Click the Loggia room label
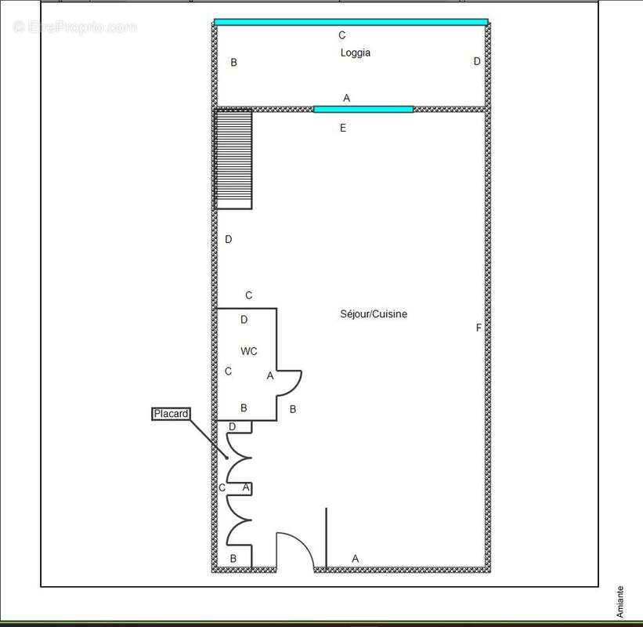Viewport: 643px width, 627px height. point(355,53)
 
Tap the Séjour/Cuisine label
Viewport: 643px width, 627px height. point(374,314)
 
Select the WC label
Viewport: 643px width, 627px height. point(249,352)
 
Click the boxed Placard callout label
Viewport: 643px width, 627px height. point(171,414)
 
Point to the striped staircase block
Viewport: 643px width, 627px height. point(234,160)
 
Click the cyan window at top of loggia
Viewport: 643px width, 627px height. point(351,22)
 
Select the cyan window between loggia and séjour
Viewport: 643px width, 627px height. point(363,109)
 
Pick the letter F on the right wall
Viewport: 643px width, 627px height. point(479,328)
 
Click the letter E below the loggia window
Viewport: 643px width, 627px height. point(343,129)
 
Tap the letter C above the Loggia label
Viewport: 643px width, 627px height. point(341,35)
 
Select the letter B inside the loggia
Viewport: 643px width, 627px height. point(233,63)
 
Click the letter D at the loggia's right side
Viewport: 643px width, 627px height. point(476,61)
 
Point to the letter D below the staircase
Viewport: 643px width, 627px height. point(229,240)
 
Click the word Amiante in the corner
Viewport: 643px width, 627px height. point(620,602)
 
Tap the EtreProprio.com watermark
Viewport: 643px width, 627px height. point(74,27)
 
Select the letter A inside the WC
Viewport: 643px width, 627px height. point(270,376)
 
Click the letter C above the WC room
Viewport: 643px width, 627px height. point(249,295)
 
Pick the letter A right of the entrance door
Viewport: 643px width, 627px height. point(355,559)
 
